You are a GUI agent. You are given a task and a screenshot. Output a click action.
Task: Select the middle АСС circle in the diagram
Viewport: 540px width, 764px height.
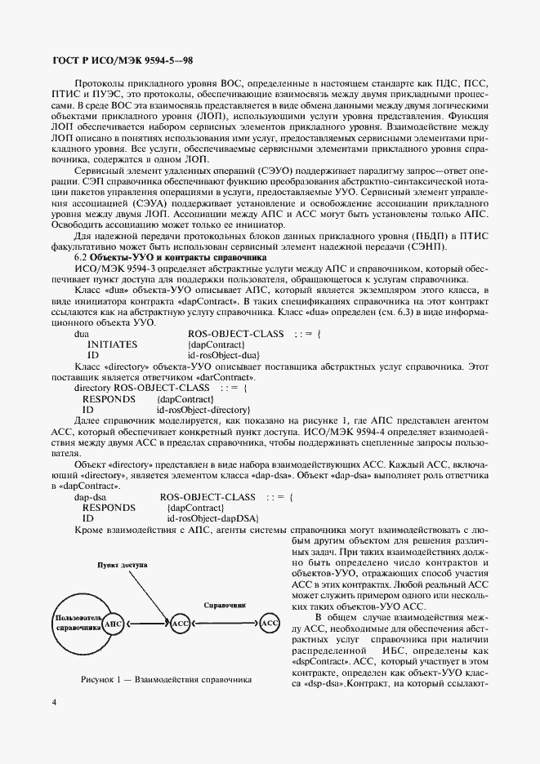click(181, 624)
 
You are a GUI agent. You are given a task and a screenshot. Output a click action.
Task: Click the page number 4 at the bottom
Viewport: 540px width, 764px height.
click(53, 723)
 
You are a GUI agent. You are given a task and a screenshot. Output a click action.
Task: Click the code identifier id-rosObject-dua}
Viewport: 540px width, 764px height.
click(223, 355)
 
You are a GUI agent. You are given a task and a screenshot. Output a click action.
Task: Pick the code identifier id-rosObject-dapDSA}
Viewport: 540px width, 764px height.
click(212, 518)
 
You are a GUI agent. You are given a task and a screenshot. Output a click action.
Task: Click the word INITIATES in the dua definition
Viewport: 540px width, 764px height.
click(113, 344)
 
